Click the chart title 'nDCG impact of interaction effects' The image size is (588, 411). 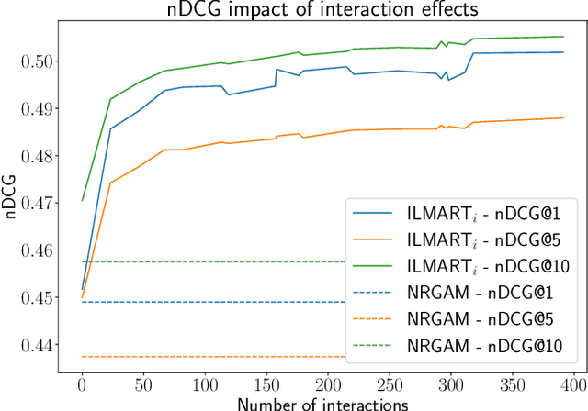tap(318, 11)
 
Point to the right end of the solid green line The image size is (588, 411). tap(563, 37)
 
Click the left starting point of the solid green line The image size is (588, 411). tap(82, 200)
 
